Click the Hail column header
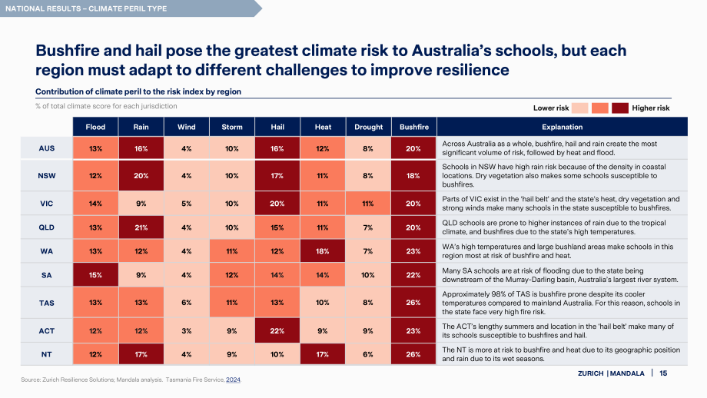pyautogui.click(x=277, y=127)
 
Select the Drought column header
pyautogui.click(x=368, y=127)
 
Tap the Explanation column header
pyautogui.click(x=563, y=127)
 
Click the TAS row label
pyautogui.click(x=46, y=303)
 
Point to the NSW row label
pyautogui.click(x=46, y=176)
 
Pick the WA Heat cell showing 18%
pyautogui.click(x=323, y=251)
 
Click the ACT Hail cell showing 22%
pyautogui.click(x=277, y=331)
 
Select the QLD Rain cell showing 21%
pyautogui.click(x=141, y=227)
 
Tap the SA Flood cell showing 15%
pyautogui.click(x=95, y=275)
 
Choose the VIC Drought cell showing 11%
pyautogui.click(x=368, y=204)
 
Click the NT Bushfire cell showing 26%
pyautogui.click(x=413, y=354)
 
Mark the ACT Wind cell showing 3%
pyautogui.click(x=187, y=331)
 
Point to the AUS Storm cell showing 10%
pyautogui.click(x=232, y=148)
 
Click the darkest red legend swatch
pyautogui.click(x=620, y=108)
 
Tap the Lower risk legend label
pyautogui.click(x=551, y=108)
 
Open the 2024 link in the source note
pyautogui.click(x=233, y=380)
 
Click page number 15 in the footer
pyautogui.click(x=663, y=373)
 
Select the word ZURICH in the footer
pyautogui.click(x=591, y=373)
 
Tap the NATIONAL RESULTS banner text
pyautogui.click(x=86, y=8)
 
